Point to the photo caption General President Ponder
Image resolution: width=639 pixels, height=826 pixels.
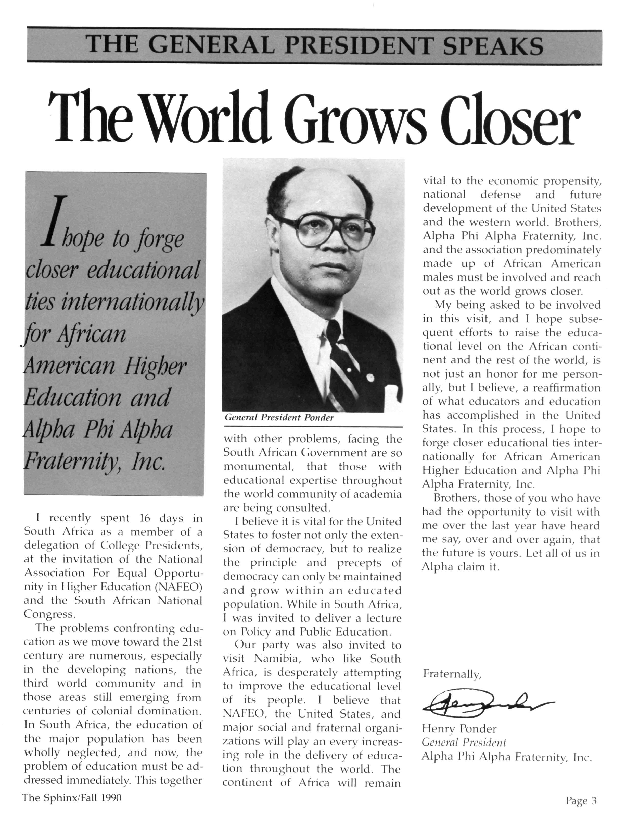tap(279, 418)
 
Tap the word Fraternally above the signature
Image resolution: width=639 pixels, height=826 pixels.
tap(452, 674)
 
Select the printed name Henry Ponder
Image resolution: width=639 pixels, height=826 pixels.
tap(459, 729)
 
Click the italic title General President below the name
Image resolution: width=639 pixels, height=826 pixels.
tap(464, 743)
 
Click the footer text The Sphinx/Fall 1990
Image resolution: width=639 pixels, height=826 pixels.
tap(72, 798)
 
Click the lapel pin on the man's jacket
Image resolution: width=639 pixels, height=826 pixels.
tap(370, 377)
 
